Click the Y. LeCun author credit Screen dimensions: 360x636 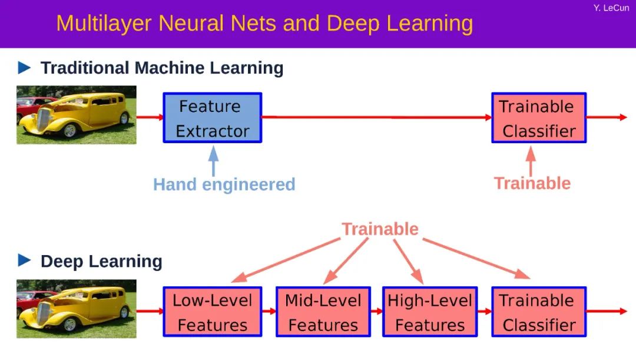coord(611,8)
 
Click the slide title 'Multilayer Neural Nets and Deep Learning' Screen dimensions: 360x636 coord(264,24)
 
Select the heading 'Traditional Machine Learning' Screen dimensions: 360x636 coord(161,68)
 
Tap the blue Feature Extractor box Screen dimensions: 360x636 coord(212,118)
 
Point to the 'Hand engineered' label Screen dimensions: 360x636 coord(224,184)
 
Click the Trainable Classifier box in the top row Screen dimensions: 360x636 coord(539,118)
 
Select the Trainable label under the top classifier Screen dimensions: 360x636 coord(532,183)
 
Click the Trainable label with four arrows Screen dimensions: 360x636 coord(380,229)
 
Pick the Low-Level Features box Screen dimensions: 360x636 coord(213,312)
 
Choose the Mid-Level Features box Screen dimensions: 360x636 coord(323,312)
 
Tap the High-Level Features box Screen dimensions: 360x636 coord(430,312)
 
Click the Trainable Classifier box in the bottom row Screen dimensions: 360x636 coord(539,312)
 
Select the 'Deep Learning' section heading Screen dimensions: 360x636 coord(101,261)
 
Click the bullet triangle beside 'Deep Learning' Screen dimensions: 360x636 coord(24,260)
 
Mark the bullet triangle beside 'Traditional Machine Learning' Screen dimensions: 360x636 coord(24,68)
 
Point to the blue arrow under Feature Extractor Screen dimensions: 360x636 coord(213,160)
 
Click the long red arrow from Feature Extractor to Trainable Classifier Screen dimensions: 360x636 coord(377,117)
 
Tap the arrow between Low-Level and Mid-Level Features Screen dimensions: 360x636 coord(269,311)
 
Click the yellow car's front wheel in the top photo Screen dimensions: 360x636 coord(70,130)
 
